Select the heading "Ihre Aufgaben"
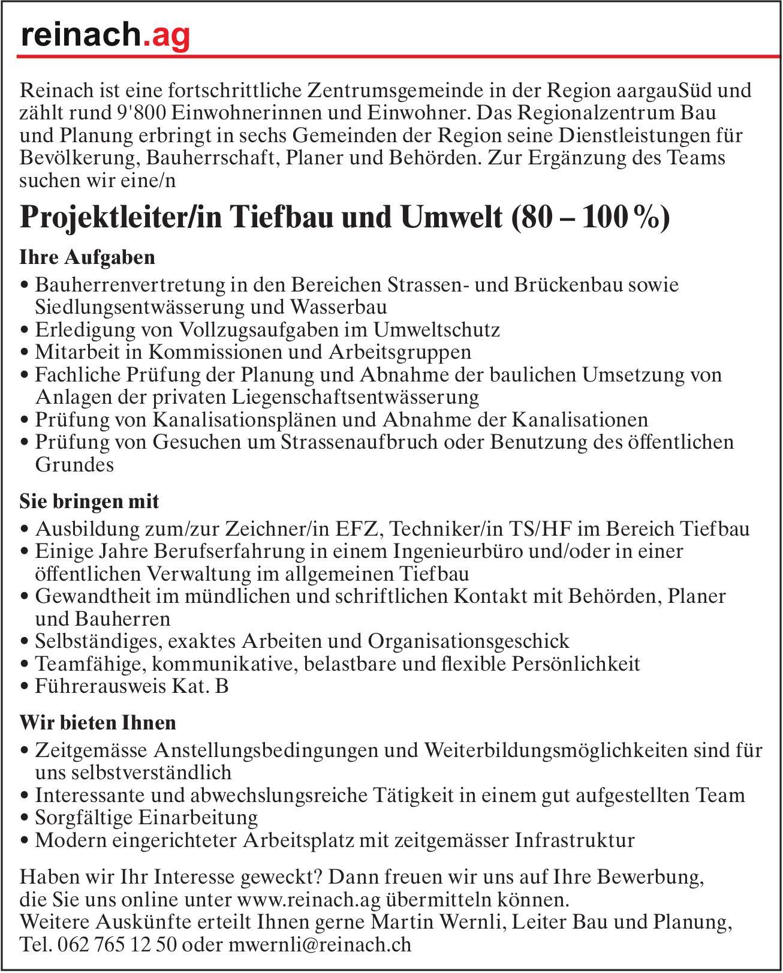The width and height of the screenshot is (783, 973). tap(88, 257)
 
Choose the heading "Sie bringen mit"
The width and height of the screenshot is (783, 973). tap(89, 500)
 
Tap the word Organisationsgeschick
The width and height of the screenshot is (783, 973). tap(468, 641)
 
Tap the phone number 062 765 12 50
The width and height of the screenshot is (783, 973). tap(117, 945)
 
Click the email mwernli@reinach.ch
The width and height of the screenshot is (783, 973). tap(321, 945)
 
